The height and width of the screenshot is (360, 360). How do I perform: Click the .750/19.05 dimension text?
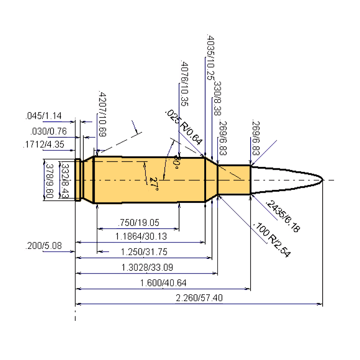(138, 222)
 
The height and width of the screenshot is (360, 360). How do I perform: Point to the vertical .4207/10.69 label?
(102, 114)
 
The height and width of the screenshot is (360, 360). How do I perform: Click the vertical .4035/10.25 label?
(210, 56)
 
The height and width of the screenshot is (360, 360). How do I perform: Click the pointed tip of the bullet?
(323, 180)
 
